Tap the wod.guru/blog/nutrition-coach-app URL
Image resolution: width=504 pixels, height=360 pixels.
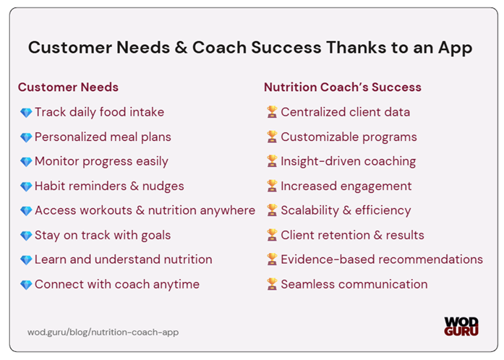click(103, 333)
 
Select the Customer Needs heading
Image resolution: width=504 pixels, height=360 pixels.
click(68, 87)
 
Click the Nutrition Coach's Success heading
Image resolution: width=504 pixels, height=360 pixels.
click(342, 87)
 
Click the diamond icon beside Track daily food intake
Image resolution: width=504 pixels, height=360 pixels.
click(26, 113)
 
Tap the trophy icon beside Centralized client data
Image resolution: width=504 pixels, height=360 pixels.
click(272, 113)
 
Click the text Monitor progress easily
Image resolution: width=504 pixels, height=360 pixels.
click(101, 161)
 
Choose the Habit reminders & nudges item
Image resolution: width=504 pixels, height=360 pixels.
click(109, 186)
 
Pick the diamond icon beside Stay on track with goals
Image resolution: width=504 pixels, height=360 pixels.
click(26, 236)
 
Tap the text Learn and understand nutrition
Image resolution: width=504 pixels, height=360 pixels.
click(124, 260)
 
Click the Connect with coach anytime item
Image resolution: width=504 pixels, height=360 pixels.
click(117, 284)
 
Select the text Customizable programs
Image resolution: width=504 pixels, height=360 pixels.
click(349, 137)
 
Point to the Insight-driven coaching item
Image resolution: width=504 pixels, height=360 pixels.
click(348, 161)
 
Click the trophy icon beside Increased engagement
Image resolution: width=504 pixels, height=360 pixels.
click(272, 187)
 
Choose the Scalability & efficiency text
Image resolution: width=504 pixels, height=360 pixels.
click(346, 210)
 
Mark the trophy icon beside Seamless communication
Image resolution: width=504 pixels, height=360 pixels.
click(272, 285)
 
